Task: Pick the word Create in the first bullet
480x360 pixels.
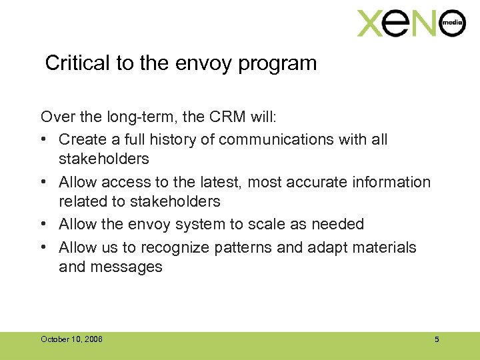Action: (x=82, y=139)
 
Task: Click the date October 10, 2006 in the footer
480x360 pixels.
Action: (x=71, y=339)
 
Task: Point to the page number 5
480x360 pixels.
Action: (x=437, y=339)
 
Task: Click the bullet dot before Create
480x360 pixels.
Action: (x=45, y=139)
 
